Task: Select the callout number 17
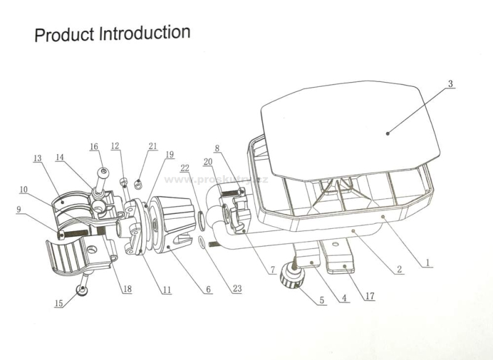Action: [x=369, y=295]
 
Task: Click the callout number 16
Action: [x=94, y=147]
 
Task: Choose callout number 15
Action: [x=59, y=303]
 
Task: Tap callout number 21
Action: [x=153, y=146]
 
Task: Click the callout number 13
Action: [x=38, y=158]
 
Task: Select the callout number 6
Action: [x=208, y=288]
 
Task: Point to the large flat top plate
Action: [x=351, y=123]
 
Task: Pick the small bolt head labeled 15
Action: [x=82, y=288]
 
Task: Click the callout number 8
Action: [x=217, y=149]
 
